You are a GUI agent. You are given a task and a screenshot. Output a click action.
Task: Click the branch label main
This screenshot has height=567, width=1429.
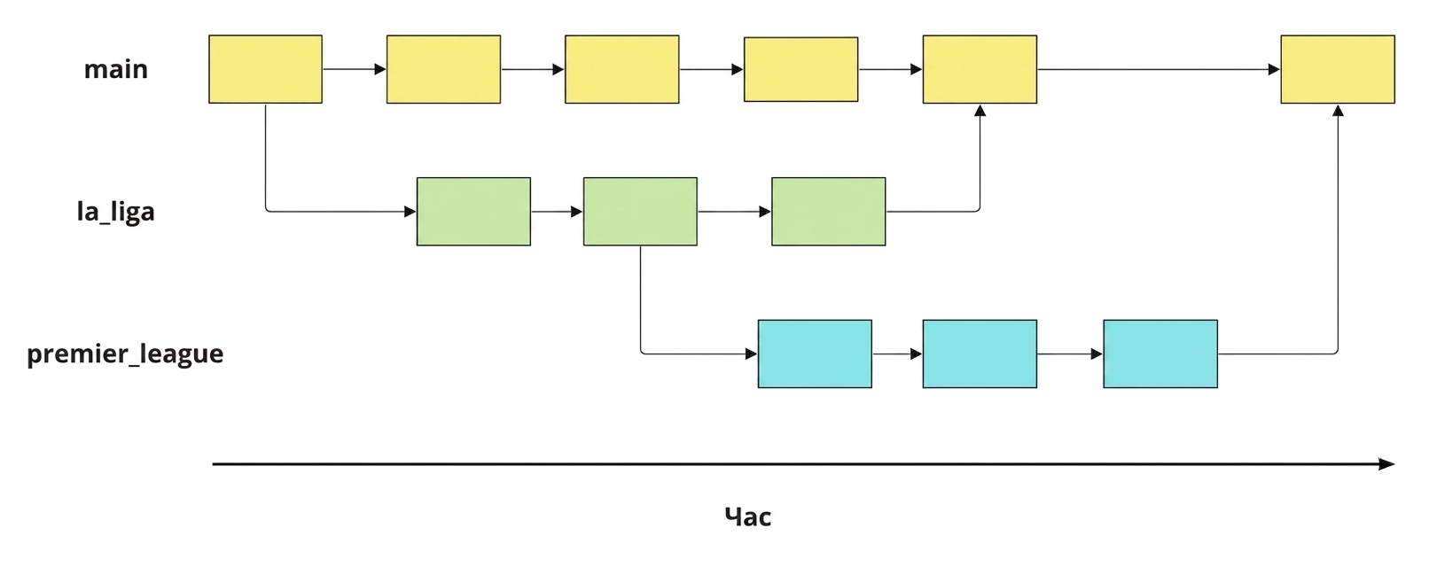[115, 69]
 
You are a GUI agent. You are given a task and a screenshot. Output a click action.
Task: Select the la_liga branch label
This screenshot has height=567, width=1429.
[115, 211]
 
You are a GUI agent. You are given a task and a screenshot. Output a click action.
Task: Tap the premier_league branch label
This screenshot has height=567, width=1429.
[125, 354]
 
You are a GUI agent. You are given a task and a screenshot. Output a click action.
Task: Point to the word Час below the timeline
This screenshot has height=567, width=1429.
[747, 517]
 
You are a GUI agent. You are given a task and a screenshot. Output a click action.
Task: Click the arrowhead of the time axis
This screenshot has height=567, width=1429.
[1387, 464]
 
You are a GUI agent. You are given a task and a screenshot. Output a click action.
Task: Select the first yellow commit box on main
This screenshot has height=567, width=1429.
[265, 69]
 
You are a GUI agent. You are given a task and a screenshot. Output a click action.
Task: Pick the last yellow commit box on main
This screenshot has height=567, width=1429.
[1338, 69]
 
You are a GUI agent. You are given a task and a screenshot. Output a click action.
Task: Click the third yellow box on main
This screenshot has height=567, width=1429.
[622, 69]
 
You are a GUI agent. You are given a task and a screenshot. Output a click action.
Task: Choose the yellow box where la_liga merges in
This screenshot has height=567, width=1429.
[980, 69]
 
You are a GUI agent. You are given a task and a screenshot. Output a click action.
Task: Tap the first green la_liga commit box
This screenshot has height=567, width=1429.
[473, 211]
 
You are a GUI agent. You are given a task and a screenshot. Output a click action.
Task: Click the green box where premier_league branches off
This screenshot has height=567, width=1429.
[641, 211]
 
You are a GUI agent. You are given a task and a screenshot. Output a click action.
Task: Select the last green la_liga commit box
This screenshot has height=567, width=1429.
[829, 211]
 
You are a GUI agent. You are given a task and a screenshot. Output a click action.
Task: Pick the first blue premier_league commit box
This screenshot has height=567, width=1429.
[815, 354]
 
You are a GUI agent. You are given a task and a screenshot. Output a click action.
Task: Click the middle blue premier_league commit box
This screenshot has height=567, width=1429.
[980, 354]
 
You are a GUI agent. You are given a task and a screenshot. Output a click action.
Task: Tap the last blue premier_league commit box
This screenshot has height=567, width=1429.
[1160, 354]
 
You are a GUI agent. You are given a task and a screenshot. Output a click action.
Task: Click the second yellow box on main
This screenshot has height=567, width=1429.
[443, 69]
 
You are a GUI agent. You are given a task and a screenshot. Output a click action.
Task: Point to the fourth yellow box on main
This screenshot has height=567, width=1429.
[801, 69]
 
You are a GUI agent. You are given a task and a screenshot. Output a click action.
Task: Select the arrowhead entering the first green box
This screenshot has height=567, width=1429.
[410, 211]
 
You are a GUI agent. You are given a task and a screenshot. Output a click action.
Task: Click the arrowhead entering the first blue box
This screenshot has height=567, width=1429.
[752, 354]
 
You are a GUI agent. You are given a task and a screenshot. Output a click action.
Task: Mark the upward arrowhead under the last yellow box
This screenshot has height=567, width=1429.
[1339, 111]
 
